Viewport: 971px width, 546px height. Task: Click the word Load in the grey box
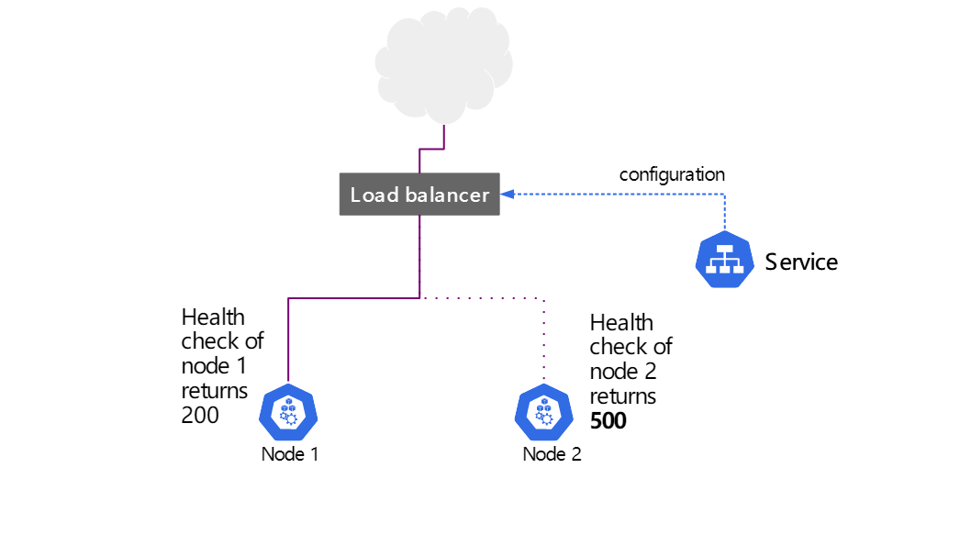point(374,195)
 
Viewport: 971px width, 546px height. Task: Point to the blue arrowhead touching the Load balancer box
point(507,195)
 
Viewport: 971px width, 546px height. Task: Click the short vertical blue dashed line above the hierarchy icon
point(724,213)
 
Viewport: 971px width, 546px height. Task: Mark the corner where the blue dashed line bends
point(724,195)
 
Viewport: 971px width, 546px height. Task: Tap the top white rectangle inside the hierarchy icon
point(724,250)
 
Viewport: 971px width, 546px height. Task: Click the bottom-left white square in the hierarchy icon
point(712,269)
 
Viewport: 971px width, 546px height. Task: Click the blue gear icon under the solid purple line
point(288,413)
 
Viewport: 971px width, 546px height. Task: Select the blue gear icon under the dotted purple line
point(543,413)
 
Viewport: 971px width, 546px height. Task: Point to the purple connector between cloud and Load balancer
point(431,149)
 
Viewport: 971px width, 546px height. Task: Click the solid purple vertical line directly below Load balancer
point(419,257)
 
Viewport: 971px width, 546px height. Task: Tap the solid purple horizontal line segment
point(353,298)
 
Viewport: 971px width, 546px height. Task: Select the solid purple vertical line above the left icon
point(288,340)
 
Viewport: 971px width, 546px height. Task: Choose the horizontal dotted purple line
point(482,298)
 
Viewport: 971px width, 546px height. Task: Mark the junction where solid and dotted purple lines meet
point(419,298)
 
